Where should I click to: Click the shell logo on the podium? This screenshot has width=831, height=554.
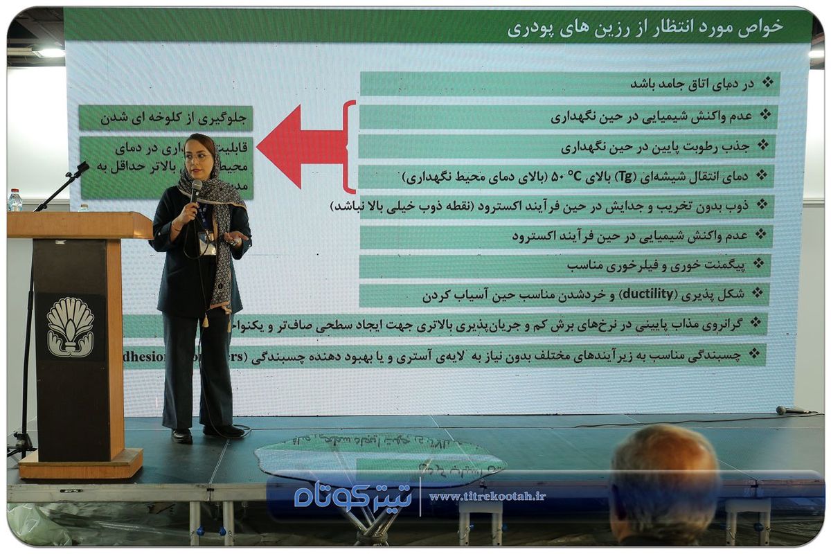[70, 327]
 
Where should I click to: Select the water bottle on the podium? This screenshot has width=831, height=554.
[15, 200]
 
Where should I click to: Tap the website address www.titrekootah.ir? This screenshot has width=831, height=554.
[487, 497]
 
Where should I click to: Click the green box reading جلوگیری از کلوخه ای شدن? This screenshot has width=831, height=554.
[166, 118]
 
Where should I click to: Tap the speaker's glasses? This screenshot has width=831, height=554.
[197, 157]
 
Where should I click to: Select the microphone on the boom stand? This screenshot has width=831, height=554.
[82, 168]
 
